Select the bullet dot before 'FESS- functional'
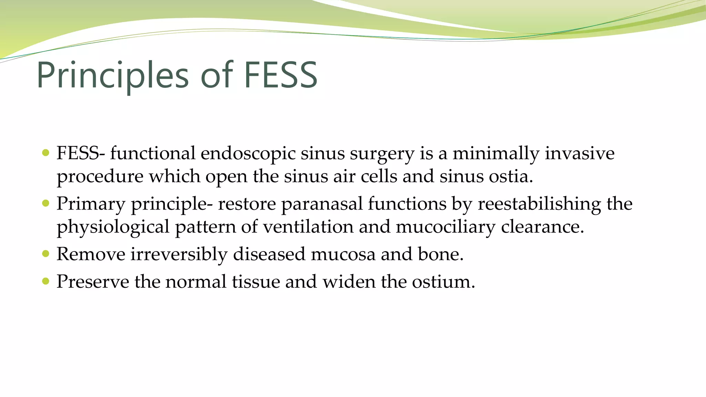[x=46, y=153]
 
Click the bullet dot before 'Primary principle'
[x=46, y=203]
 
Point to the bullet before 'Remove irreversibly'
[x=46, y=254]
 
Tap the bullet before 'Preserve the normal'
[x=46, y=281]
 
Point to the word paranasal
[x=322, y=204]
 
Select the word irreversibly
[x=179, y=254]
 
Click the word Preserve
[x=93, y=282]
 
